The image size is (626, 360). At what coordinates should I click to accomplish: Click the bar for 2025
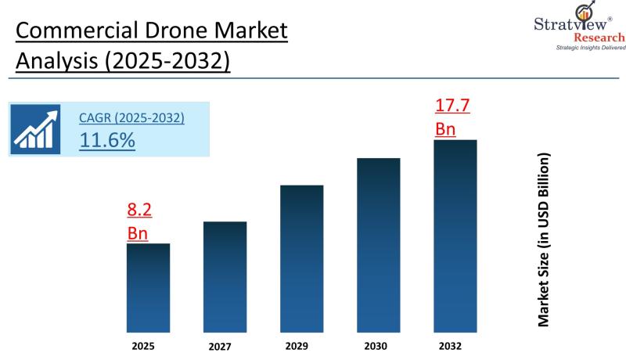148,287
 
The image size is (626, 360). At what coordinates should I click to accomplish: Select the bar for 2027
225,276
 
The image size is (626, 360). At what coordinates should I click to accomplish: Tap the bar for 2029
301,258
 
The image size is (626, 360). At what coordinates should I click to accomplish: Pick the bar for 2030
378,245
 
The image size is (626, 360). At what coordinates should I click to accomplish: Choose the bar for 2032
455,236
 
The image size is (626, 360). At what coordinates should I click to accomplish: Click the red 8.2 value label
139,210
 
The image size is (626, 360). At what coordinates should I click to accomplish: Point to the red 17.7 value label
452,106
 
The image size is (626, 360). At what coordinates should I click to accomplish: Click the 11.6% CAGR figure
107,140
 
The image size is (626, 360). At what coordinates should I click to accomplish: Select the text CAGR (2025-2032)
131,118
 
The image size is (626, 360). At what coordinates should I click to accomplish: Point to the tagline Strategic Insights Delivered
591,48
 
